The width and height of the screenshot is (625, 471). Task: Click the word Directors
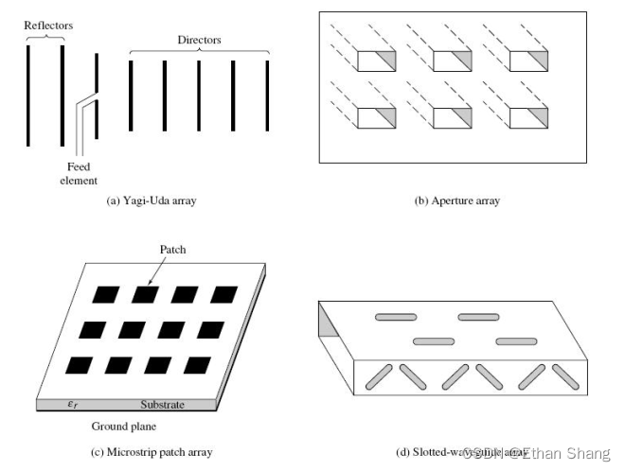click(x=199, y=40)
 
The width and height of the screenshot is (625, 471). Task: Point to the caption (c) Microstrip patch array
click(x=152, y=452)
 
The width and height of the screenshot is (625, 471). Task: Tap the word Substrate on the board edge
click(x=162, y=405)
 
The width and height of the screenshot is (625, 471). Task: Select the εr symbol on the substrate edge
click(x=72, y=405)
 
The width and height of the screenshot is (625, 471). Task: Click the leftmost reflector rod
click(x=28, y=95)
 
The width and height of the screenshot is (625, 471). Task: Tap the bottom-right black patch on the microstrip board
click(x=198, y=365)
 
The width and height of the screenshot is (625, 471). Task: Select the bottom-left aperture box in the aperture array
click(x=375, y=118)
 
